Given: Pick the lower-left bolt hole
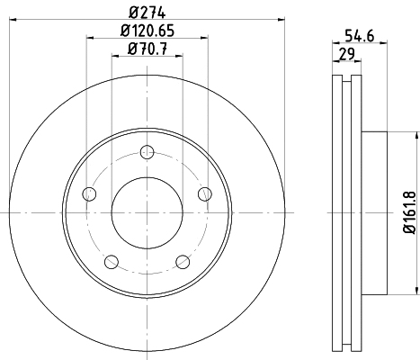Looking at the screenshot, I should point(112,262).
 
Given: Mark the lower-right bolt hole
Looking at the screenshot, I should point(183,262).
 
